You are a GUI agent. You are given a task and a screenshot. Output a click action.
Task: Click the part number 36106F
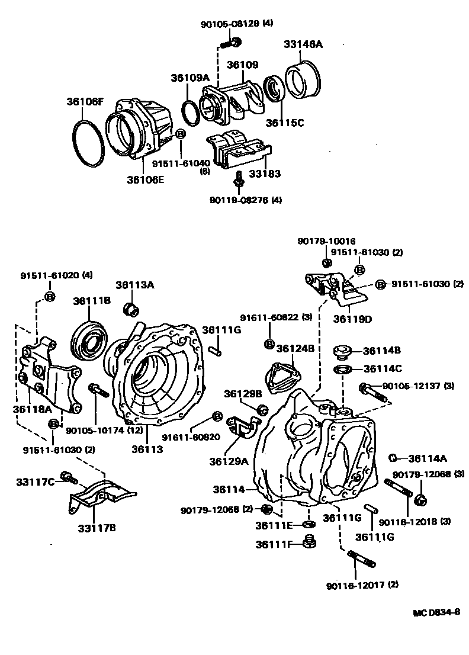(x=85, y=102)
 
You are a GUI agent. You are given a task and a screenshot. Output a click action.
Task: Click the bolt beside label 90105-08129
(x=232, y=43)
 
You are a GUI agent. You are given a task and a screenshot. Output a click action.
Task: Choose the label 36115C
(x=284, y=123)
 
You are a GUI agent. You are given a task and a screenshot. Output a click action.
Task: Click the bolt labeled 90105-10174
(x=96, y=391)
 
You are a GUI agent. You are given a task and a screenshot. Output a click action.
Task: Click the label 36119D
(x=352, y=319)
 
